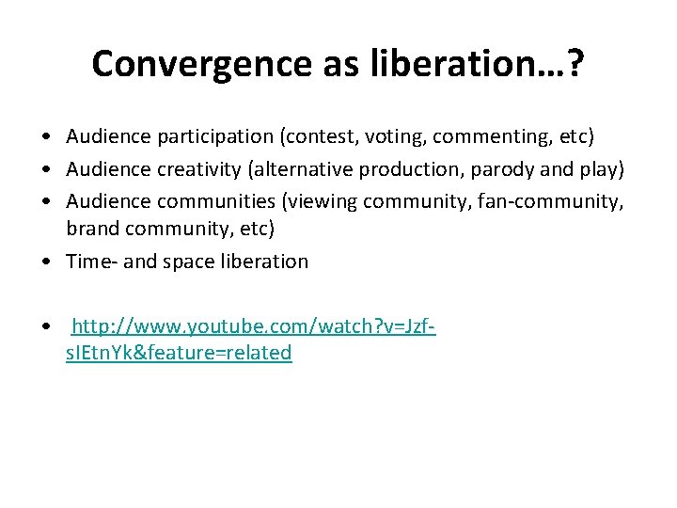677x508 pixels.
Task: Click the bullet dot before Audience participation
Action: click(x=45, y=138)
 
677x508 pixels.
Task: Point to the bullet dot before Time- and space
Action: click(x=45, y=262)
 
